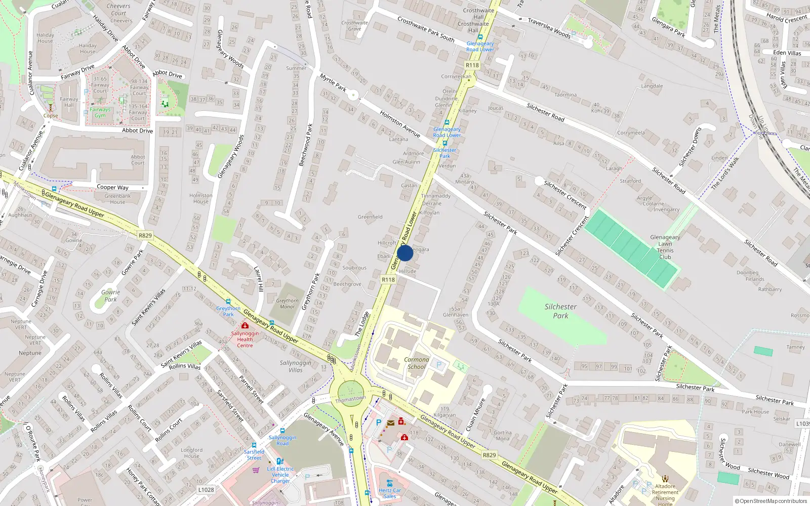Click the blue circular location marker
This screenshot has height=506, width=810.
(404, 253)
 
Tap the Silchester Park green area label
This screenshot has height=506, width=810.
(560, 311)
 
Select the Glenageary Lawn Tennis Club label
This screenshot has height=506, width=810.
(665, 247)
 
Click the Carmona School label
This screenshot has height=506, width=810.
(417, 363)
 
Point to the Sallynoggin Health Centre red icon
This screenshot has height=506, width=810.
(245, 326)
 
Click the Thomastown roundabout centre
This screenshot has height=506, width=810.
(350, 392)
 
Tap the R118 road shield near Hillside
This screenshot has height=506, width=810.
(388, 279)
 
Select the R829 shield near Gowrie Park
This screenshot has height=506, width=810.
(145, 235)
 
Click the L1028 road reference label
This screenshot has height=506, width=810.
(206, 490)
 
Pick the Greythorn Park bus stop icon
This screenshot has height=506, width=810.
(228, 302)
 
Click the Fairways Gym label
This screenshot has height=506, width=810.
(100, 112)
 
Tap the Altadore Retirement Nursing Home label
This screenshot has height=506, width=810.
(665, 492)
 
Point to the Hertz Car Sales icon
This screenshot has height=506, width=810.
(389, 483)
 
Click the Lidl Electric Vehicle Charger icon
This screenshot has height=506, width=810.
(279, 461)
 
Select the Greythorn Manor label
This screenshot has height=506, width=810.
(287, 304)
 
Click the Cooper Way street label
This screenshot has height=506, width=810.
(112, 187)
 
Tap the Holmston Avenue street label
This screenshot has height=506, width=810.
(400, 124)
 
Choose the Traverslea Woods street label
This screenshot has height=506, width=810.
(549, 28)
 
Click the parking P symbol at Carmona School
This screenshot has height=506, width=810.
(439, 365)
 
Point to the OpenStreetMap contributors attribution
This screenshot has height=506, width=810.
(771, 501)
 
